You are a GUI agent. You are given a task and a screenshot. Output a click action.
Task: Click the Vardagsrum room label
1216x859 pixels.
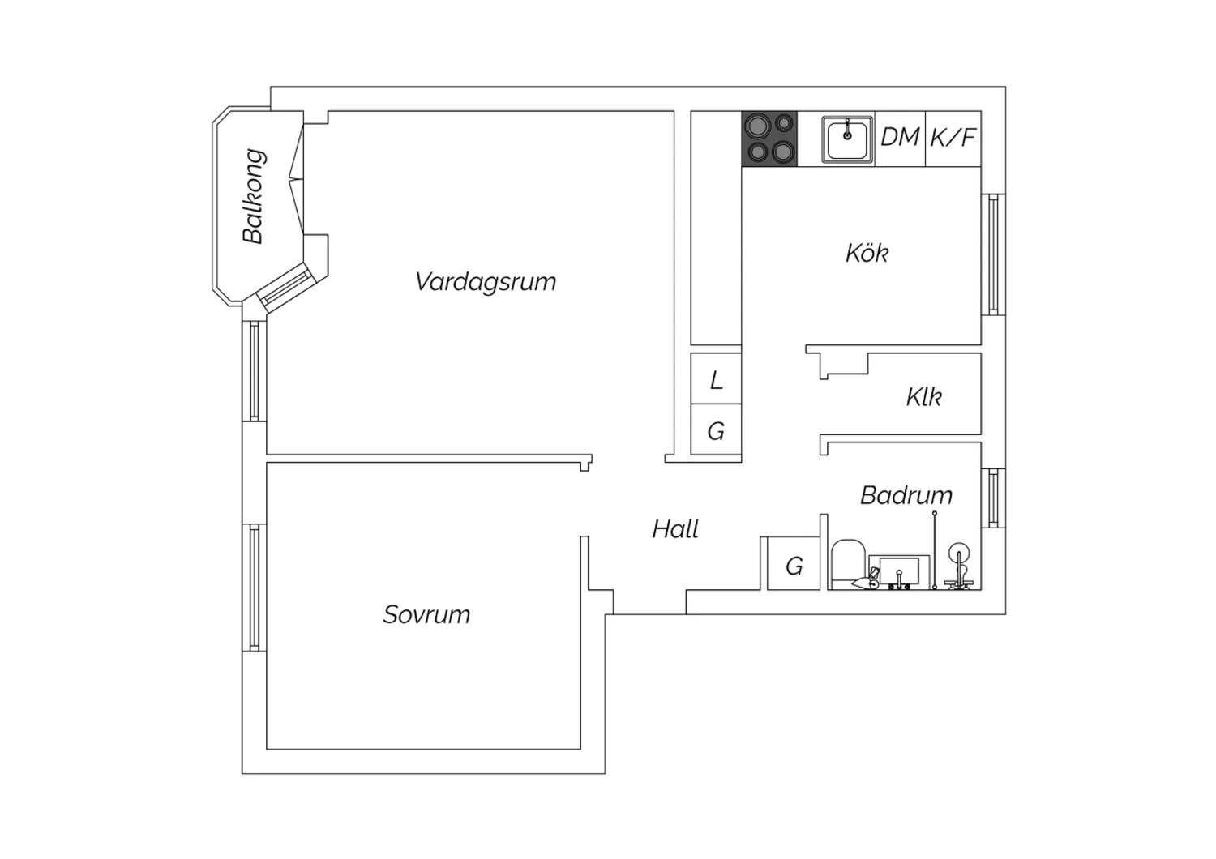486,282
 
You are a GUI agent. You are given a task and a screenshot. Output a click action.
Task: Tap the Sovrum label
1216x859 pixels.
426,615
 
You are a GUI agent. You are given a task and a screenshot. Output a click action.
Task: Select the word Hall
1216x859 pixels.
675,529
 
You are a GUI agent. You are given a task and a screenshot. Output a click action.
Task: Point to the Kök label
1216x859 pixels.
867,253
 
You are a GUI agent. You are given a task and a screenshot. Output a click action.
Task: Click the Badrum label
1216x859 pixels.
906,495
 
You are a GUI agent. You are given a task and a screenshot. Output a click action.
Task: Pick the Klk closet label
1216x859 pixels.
924,396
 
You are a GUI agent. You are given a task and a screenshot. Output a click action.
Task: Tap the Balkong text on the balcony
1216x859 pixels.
254,196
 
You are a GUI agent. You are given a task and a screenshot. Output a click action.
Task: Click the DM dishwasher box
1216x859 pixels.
900,139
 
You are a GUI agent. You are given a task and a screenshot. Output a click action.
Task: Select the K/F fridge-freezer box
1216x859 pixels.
953,139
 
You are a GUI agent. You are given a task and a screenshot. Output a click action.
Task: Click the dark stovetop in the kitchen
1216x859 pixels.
770,139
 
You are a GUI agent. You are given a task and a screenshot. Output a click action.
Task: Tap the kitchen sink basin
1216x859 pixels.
847,139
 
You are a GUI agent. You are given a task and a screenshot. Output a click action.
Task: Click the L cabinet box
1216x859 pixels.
716,378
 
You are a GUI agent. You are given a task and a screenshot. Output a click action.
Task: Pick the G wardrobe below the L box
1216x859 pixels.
716,429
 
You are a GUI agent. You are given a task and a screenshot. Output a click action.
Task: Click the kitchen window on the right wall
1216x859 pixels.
993,254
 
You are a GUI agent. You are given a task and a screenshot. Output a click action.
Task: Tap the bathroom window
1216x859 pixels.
993,498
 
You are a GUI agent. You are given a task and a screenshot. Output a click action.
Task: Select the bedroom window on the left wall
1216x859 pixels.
254,588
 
